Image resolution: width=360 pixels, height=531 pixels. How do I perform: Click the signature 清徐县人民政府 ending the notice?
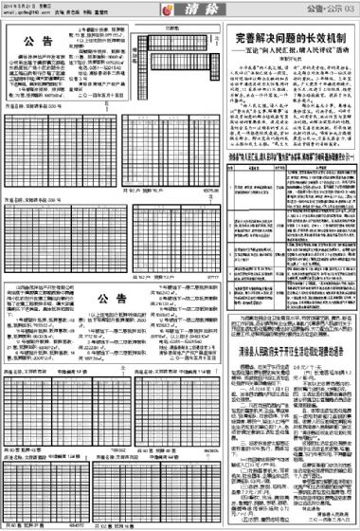coord(331,512)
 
